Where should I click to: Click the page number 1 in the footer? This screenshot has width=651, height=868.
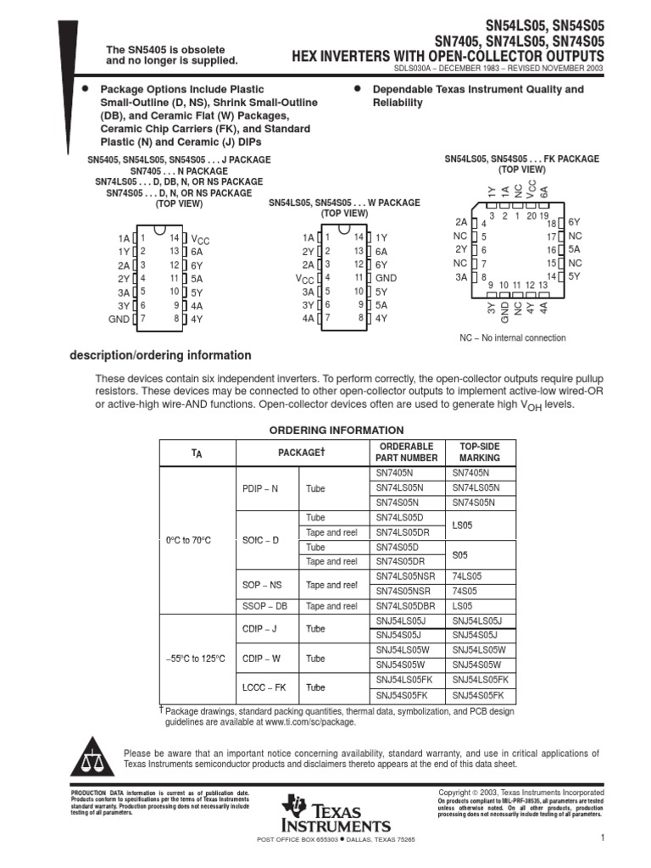pos(600,838)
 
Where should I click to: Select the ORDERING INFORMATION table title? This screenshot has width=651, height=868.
pos(337,431)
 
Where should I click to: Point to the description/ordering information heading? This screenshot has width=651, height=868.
pos(160,356)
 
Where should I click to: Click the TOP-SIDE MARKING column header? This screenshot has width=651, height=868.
pos(480,452)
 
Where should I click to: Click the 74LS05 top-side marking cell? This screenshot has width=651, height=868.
pos(468,576)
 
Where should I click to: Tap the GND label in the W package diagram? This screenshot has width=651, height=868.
pos(386,278)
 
